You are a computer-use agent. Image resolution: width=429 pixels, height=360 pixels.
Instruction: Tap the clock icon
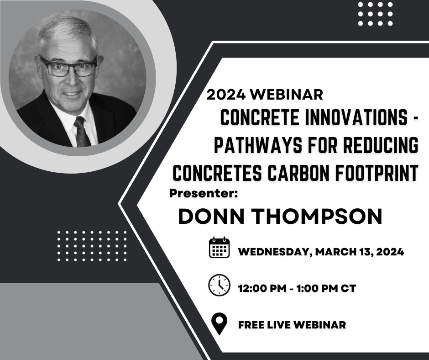coord(219,285)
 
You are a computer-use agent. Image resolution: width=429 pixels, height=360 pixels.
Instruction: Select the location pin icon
coord(220,324)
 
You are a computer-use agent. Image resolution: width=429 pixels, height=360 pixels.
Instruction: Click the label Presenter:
coord(204,193)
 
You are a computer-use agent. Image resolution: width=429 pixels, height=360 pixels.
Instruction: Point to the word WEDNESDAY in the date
coord(272,252)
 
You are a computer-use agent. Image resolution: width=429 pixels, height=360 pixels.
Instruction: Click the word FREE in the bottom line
coord(251,325)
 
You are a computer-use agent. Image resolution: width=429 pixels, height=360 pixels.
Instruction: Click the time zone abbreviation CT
coord(348,289)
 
